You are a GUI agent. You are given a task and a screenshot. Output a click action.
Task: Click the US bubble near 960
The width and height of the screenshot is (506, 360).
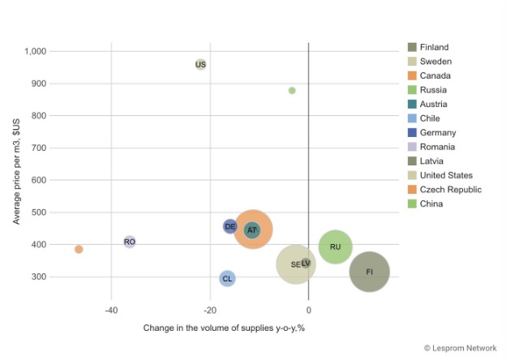[x=200, y=64]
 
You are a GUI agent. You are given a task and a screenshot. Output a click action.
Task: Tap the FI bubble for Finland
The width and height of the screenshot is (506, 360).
[x=370, y=272]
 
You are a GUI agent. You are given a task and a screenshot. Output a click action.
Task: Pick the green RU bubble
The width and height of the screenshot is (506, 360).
[x=335, y=246]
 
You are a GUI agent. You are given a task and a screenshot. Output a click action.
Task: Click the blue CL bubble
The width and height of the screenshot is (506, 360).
[x=227, y=279]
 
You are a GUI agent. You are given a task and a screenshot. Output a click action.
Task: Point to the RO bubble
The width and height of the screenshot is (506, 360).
[x=130, y=242]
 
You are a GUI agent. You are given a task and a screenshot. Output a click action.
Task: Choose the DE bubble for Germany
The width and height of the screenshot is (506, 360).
[x=230, y=226]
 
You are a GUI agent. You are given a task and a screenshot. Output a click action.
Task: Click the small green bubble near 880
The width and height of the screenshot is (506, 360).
[x=292, y=91]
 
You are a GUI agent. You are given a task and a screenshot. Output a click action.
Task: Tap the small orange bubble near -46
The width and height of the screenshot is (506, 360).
[x=79, y=249]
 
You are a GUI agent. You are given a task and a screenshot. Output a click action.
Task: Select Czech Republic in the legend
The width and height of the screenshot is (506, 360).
[x=450, y=190]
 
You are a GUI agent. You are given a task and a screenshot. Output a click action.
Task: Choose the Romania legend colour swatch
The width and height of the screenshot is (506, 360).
[x=412, y=147]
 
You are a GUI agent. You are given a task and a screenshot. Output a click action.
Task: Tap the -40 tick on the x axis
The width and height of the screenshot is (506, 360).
[x=111, y=311]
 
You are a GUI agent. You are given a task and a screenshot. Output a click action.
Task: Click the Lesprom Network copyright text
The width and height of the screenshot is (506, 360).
[x=460, y=348]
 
